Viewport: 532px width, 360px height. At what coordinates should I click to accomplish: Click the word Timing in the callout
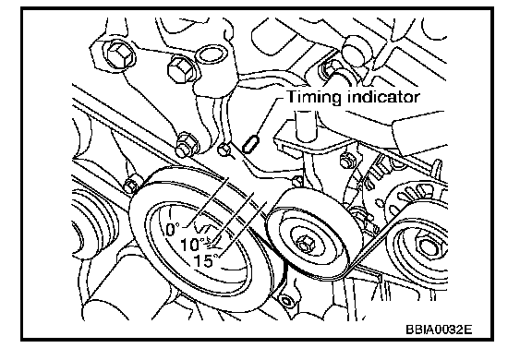(x=313, y=97)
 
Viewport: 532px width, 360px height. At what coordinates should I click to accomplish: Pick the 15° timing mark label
(x=206, y=260)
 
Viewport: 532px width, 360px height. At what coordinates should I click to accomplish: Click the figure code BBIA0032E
(x=439, y=330)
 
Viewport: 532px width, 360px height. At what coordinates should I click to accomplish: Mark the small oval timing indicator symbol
(x=251, y=143)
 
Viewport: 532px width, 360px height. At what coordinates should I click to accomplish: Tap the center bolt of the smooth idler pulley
(x=304, y=244)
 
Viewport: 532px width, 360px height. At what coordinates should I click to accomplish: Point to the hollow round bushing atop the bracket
(x=211, y=54)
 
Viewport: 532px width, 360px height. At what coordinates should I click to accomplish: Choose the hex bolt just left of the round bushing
(x=181, y=69)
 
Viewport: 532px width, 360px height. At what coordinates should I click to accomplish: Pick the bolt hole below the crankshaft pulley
(x=285, y=301)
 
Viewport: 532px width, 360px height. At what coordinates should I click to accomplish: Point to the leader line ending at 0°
(x=207, y=202)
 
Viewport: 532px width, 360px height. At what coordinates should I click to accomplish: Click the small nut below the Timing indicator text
(x=345, y=160)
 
